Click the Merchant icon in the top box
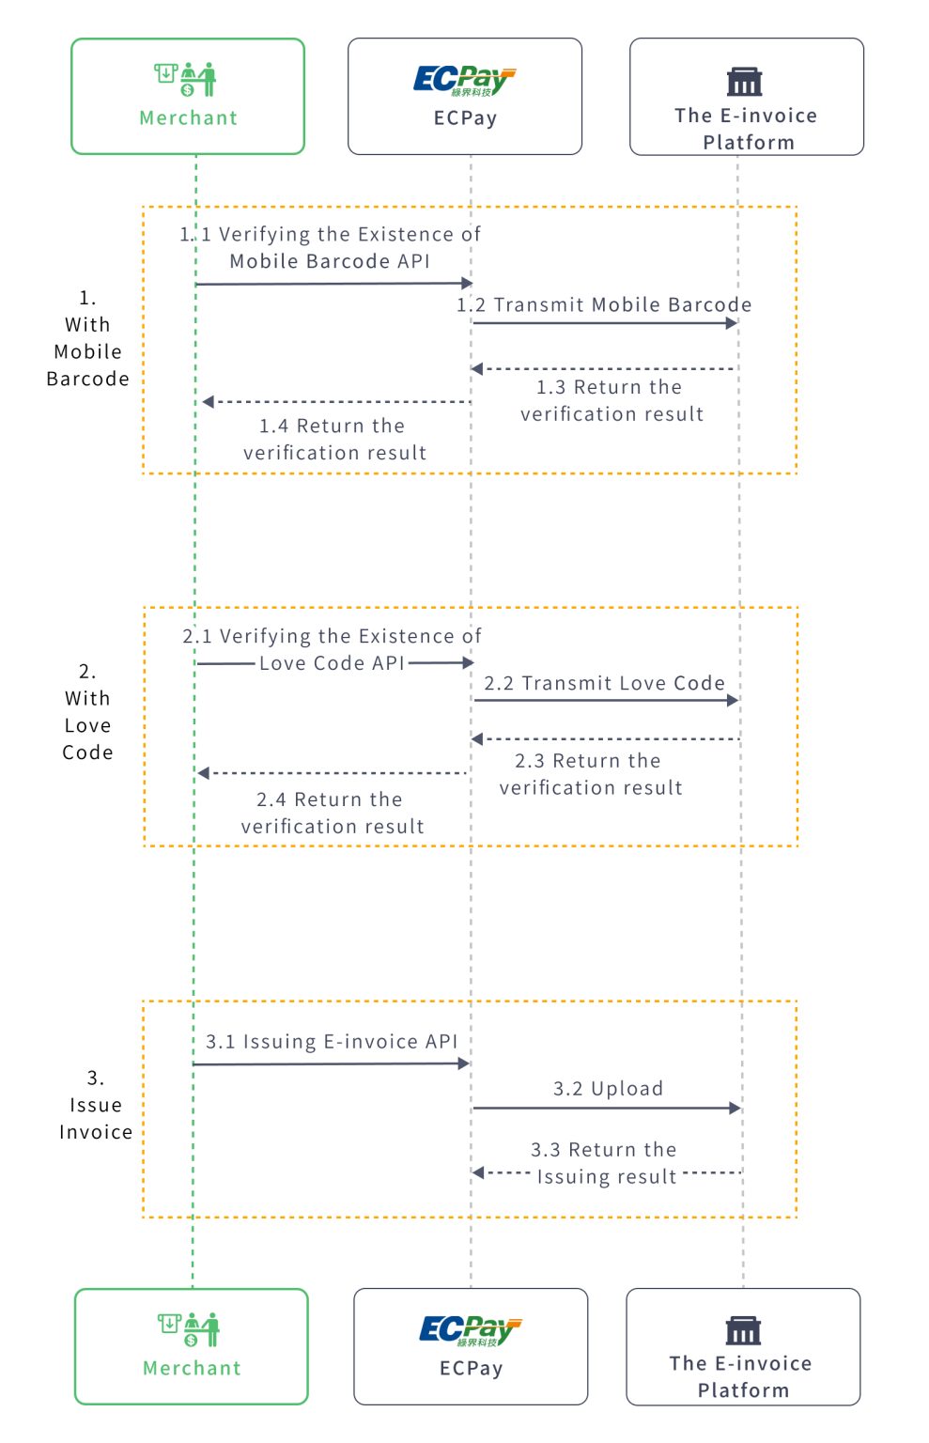pyautogui.click(x=186, y=79)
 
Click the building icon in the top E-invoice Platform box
pyautogui.click(x=744, y=82)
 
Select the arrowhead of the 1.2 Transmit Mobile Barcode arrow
pyautogui.click(x=732, y=323)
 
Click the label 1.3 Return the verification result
pyautogui.click(x=611, y=400)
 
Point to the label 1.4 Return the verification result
pyautogui.click(x=333, y=439)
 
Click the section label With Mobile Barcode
pyautogui.click(x=87, y=339)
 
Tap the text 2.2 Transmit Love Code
pyautogui.click(x=604, y=683)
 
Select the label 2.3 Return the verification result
pyautogui.click(x=590, y=774)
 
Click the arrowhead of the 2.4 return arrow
pyautogui.click(x=204, y=773)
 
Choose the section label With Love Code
pyautogui.click(x=87, y=712)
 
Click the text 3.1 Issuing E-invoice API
pyautogui.click(x=332, y=1041)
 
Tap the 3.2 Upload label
pyautogui.click(x=608, y=1088)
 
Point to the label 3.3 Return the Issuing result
pyautogui.click(x=605, y=1163)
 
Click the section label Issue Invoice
pyautogui.click(x=96, y=1105)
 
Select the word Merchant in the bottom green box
pyautogui.click(x=192, y=1368)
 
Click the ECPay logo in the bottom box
pyautogui.click(x=470, y=1330)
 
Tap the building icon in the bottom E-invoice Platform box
pyautogui.click(x=743, y=1330)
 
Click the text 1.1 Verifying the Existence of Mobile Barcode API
pyautogui.click(x=330, y=247)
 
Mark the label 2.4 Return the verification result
pyautogui.click(x=332, y=813)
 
